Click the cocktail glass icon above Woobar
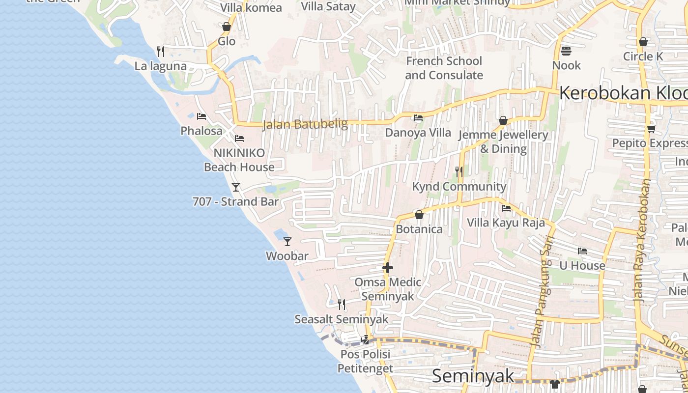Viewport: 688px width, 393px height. [287, 241]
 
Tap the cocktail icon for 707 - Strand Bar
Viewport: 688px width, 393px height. [236, 187]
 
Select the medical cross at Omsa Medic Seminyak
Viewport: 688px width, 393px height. [388, 268]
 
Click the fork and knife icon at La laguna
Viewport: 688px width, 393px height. [160, 51]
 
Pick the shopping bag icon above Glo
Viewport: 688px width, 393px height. [227, 27]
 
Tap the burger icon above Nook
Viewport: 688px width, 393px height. [566, 51]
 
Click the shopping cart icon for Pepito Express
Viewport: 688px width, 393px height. [651, 129]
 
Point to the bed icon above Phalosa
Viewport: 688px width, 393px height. [201, 116]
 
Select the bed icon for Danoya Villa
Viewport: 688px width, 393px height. [418, 118]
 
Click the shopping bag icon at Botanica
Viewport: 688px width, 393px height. [419, 215]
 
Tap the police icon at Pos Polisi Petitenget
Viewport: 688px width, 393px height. [365, 339]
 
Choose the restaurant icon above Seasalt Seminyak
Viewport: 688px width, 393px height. [342, 305]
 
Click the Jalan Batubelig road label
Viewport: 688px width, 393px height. [305, 124]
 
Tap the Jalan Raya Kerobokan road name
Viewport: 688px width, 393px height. [642, 240]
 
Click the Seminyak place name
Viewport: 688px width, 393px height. [473, 376]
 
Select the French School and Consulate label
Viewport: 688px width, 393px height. [444, 68]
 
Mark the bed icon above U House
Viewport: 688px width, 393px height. [582, 251]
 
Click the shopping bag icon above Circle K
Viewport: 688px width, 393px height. [643, 42]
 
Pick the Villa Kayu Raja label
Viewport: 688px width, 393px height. [506, 223]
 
